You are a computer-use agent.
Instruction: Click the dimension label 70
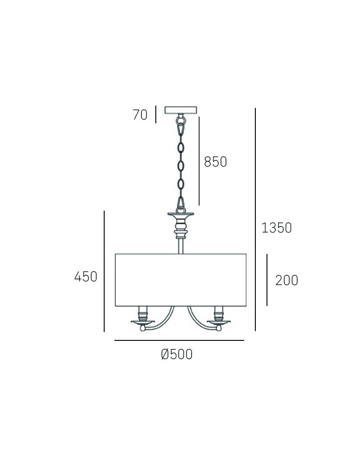[x=140, y=114]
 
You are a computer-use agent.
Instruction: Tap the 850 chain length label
[x=215, y=162]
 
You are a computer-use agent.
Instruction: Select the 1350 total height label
[x=276, y=228]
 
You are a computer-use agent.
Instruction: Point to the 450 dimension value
[x=86, y=277]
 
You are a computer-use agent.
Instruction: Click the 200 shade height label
[x=287, y=280]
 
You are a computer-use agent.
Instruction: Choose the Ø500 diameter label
[x=177, y=355]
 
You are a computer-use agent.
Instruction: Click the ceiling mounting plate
[x=181, y=110]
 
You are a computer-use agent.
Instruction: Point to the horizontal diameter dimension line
[x=179, y=341]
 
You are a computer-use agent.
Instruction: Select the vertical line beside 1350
[x=255, y=219]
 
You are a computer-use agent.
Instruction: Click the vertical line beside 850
[x=199, y=160]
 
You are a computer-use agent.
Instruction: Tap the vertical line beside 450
[x=104, y=271]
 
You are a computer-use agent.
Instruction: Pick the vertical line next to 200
[x=267, y=279]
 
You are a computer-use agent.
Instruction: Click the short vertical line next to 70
[x=156, y=114]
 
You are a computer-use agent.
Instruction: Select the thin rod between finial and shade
[x=180, y=245]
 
